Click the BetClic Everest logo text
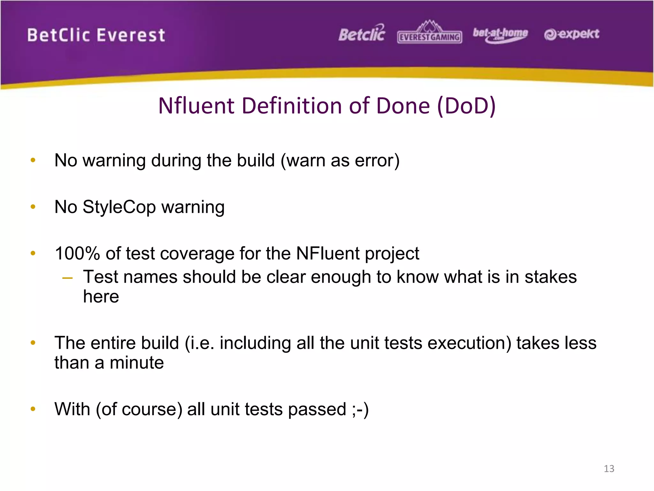click(96, 35)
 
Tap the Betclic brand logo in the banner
click(362, 34)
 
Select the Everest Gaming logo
click(430, 33)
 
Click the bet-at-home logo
click(500, 35)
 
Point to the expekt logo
click(572, 34)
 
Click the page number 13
click(609, 469)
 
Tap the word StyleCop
click(119, 207)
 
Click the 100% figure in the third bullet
click(77, 253)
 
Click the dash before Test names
click(67, 278)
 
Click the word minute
click(136, 363)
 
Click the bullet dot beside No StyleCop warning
click(33, 207)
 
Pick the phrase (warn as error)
click(340, 160)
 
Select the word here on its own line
click(101, 297)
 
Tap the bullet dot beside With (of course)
click(33, 409)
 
